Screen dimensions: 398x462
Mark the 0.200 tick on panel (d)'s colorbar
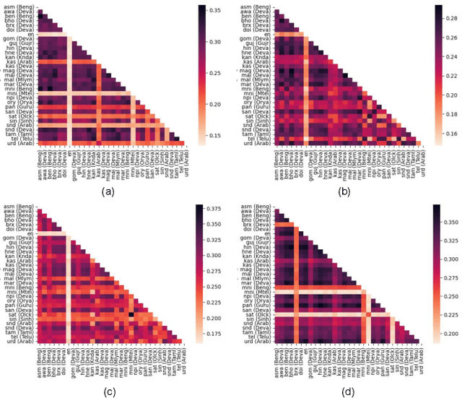tap(452, 335)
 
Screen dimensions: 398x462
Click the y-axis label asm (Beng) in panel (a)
tap(18, 7)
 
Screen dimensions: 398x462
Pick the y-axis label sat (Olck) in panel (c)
tap(19, 314)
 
